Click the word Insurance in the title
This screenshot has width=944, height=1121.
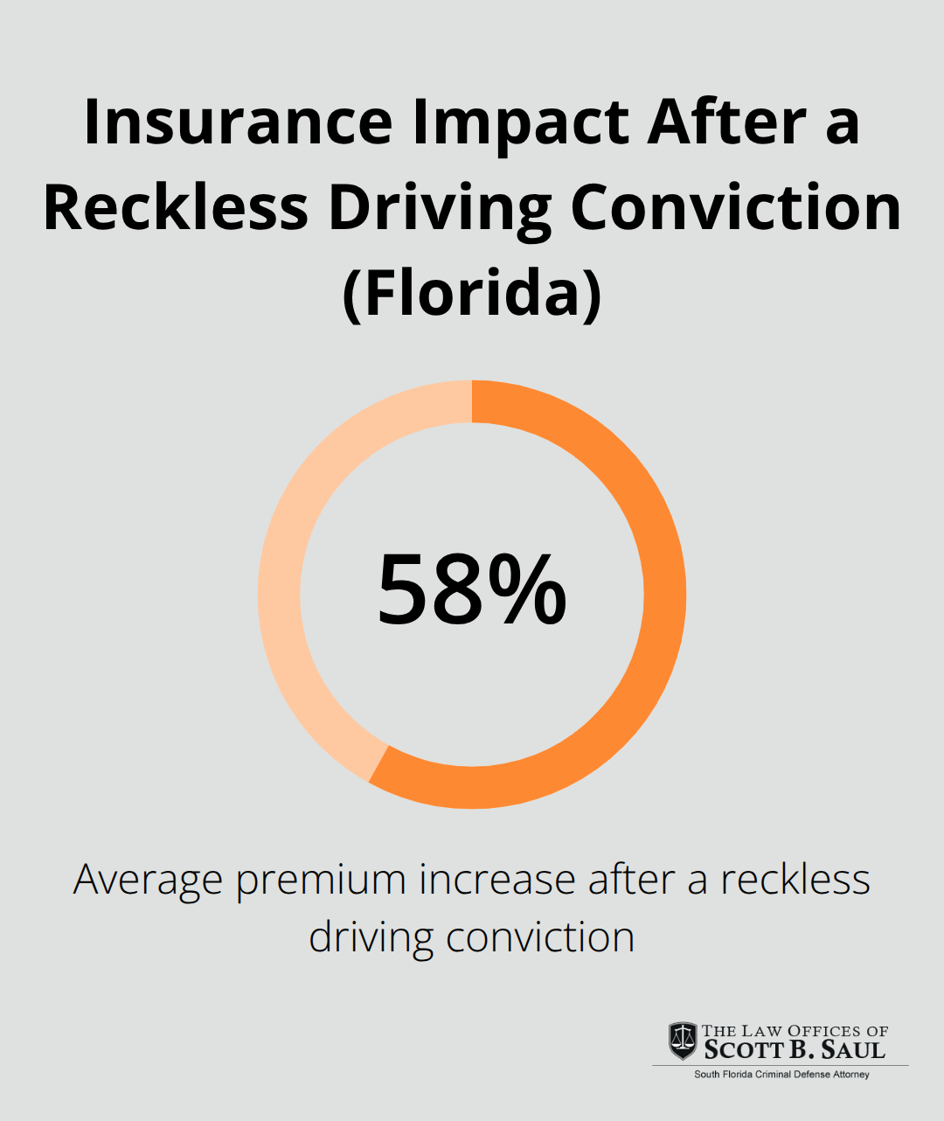point(238,122)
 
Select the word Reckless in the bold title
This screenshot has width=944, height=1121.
point(176,208)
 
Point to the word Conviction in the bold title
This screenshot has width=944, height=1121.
point(735,208)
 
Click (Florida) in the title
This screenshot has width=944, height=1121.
point(472,294)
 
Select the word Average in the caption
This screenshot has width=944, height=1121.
point(148,880)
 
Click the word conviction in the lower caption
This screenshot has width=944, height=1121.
point(539,937)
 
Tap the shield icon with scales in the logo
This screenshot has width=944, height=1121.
point(683,1041)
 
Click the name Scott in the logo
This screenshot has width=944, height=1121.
point(744,1050)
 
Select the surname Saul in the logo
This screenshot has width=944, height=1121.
point(853,1050)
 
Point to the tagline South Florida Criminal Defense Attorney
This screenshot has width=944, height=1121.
point(781,1075)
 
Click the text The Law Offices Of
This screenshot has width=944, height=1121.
point(795,1031)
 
